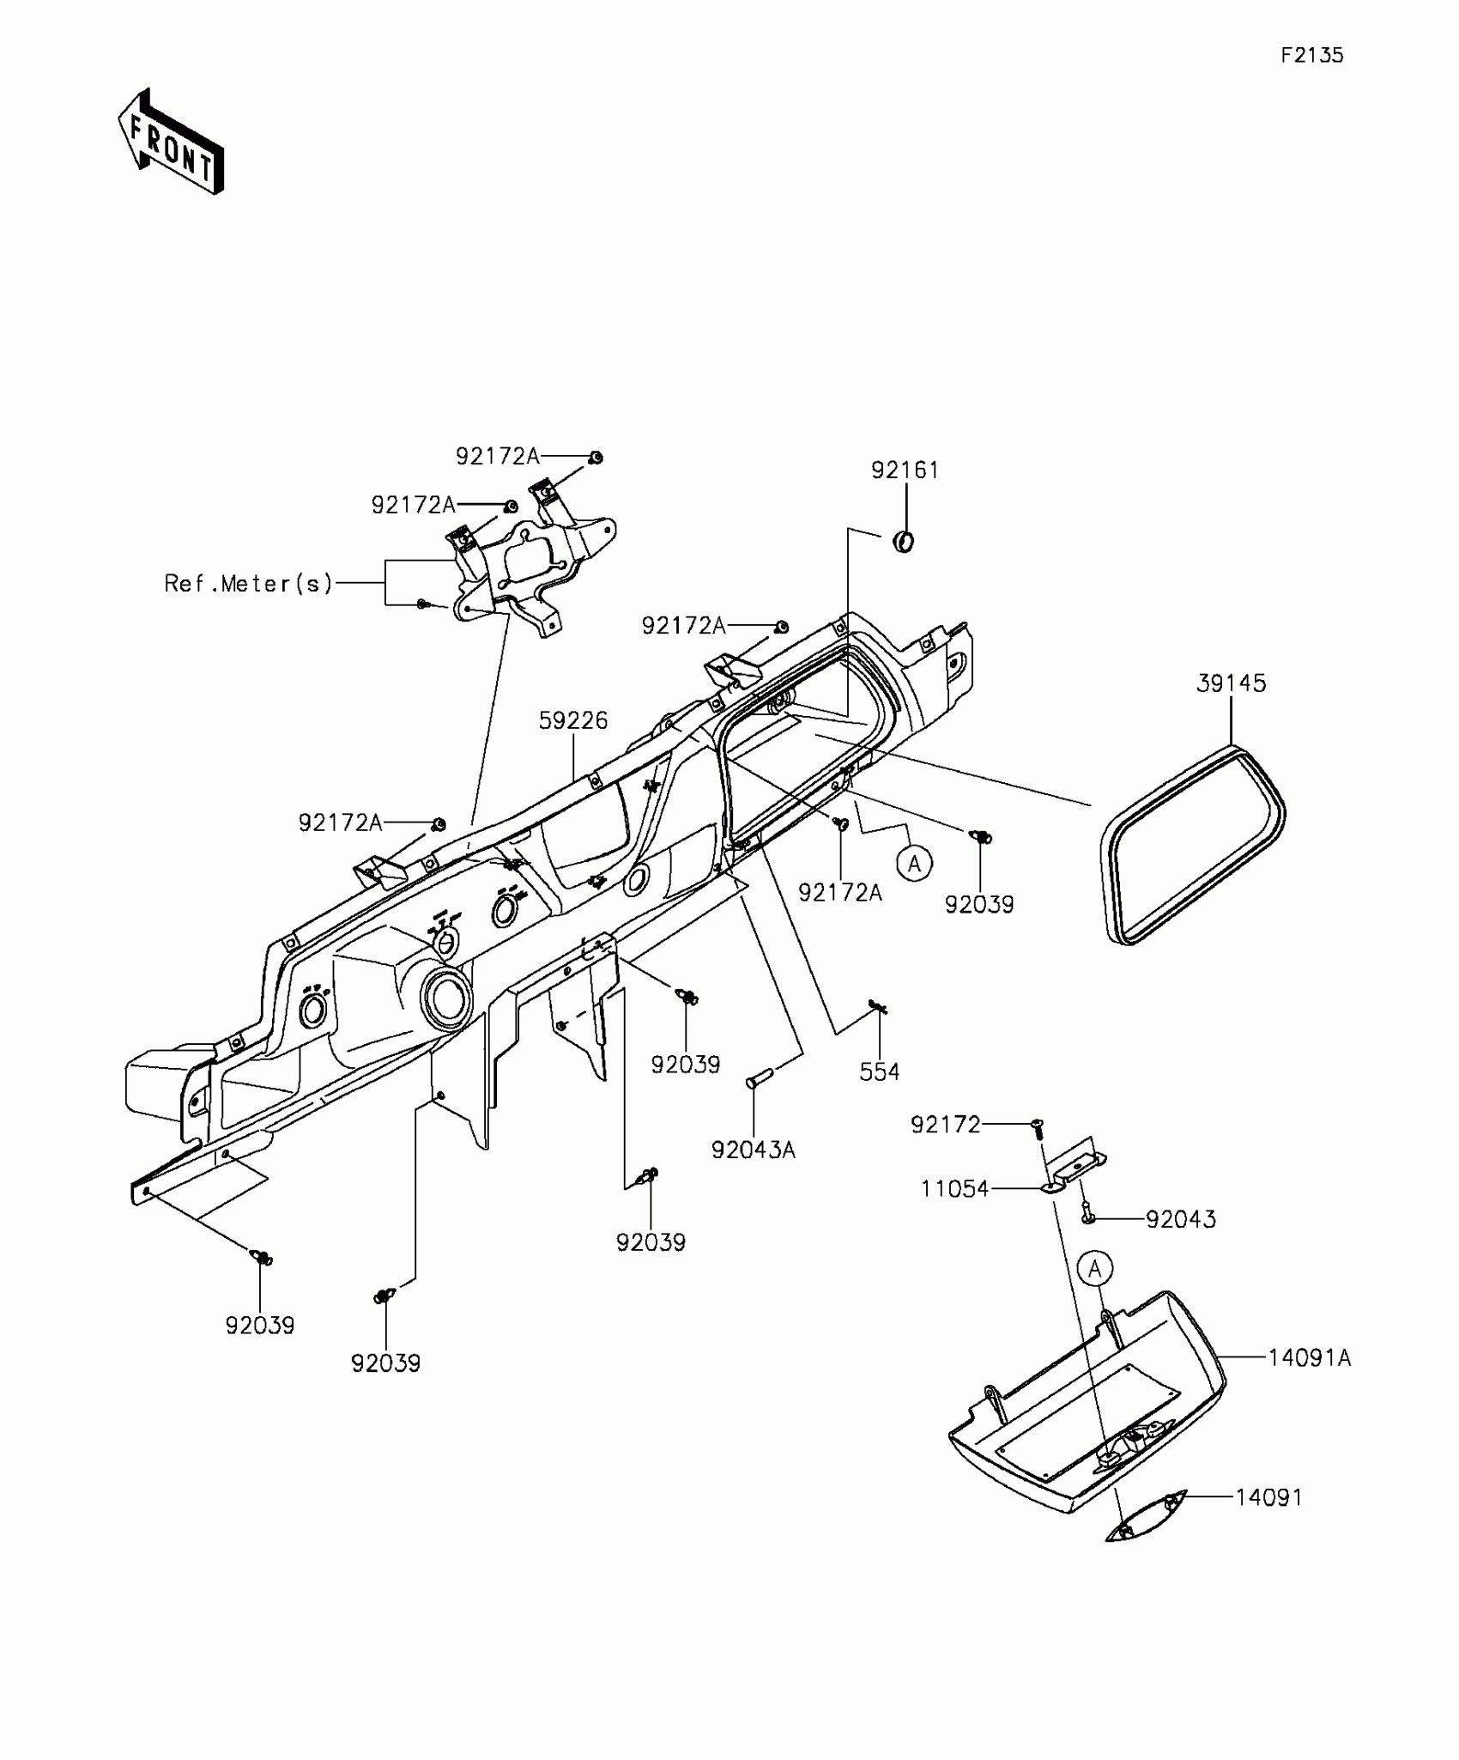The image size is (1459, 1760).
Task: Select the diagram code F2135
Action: tap(1312, 56)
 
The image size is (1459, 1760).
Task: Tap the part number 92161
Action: tap(905, 470)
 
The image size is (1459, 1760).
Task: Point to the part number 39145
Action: tap(1231, 683)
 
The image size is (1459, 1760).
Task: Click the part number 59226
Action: tap(573, 720)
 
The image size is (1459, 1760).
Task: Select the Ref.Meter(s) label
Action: tap(248, 584)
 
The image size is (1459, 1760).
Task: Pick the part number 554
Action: tap(880, 1071)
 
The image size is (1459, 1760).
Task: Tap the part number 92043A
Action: tap(754, 1150)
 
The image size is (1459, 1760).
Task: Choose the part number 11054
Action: tap(955, 1189)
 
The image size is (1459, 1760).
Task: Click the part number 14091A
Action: tap(1310, 1357)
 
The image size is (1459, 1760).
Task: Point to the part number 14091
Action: tap(1269, 1497)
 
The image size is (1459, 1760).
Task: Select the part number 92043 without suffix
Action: tap(1181, 1219)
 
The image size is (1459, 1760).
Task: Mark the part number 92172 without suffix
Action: tap(946, 1124)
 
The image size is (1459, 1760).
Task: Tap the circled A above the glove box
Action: tap(1094, 1268)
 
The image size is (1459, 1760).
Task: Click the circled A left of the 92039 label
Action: tap(915, 863)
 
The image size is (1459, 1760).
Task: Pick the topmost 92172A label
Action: tap(498, 457)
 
